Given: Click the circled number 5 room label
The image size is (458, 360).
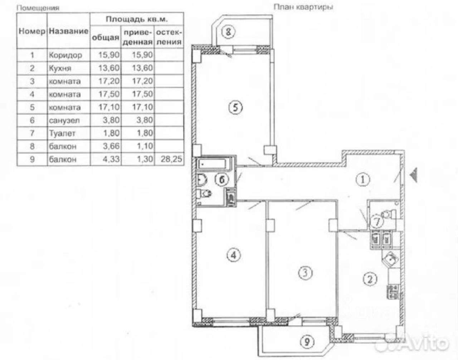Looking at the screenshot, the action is (x=235, y=107).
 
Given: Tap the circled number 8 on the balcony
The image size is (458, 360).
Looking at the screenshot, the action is (x=228, y=32).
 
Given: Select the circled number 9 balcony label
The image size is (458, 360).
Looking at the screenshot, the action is (x=307, y=342).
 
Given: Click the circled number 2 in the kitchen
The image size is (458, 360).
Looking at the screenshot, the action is (x=370, y=278).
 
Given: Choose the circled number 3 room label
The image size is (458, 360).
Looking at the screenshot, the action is (x=305, y=273).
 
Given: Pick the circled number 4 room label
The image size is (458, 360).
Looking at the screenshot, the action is (x=233, y=255).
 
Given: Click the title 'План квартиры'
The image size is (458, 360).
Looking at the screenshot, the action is (x=303, y=7).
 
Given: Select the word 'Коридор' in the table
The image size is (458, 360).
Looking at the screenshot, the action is (x=65, y=55).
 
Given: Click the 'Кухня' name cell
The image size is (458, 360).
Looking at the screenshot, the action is (x=60, y=68).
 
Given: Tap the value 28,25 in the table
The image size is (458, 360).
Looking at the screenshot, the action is (x=169, y=159).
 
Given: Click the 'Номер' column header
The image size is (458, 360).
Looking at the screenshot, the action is (x=31, y=31).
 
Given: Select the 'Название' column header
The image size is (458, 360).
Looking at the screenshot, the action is (x=68, y=31).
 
